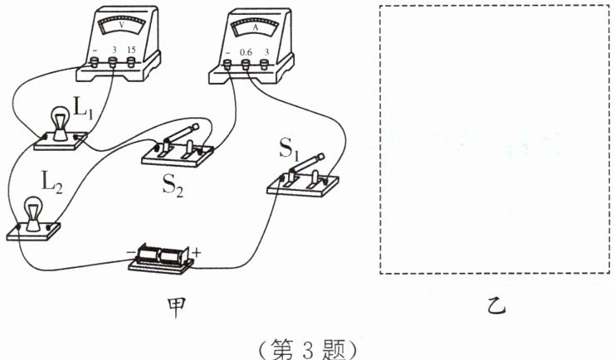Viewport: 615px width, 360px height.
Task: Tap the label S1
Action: tap(290, 152)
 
